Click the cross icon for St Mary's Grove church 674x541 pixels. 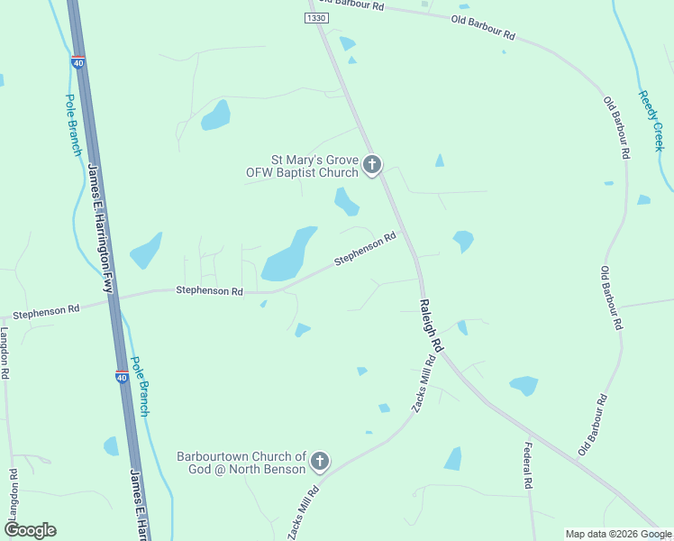pos(372,165)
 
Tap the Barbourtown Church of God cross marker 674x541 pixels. pos(319,463)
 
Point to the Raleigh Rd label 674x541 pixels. pos(431,326)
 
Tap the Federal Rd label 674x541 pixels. pos(528,465)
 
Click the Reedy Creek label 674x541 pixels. pos(651,120)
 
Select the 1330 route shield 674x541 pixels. pos(316,18)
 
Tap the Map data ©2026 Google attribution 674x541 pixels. pos(617,534)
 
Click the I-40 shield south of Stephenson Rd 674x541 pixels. pos(122,376)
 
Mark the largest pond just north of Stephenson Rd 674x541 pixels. pos(288,255)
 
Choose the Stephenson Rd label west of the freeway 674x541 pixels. pos(46,310)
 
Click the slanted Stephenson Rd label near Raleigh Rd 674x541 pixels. pos(365,249)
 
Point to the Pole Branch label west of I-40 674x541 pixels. pos(72,125)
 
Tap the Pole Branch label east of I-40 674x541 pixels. pos(140,385)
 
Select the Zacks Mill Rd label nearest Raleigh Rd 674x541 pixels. pos(424,384)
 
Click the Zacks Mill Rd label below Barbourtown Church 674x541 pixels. pos(304,514)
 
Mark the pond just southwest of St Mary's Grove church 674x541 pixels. pos(346,201)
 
